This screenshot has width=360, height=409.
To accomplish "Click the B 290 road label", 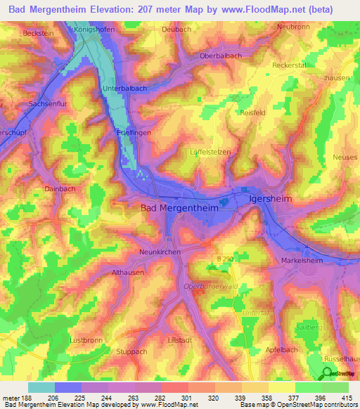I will coord(224,259).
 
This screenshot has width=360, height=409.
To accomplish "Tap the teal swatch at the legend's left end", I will coord(41,387).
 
